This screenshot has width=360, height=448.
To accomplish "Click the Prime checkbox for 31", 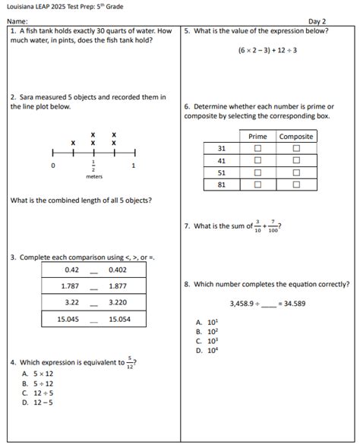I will [x=257, y=149].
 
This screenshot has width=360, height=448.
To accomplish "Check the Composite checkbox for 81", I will [x=296, y=184].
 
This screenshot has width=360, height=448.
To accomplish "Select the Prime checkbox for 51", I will [x=257, y=172].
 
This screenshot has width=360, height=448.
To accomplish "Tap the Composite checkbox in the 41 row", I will [x=296, y=160].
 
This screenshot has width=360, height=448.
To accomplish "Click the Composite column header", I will [x=296, y=137].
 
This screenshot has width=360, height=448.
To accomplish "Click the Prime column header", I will [x=257, y=137].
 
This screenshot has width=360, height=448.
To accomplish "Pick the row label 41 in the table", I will [x=221, y=160].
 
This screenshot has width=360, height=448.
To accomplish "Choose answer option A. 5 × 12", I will [x=38, y=374].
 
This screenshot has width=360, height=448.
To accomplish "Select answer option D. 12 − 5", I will [x=38, y=402].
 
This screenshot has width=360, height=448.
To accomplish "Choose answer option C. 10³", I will [x=207, y=341].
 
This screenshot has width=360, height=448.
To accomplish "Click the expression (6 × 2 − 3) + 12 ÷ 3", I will [x=266, y=50].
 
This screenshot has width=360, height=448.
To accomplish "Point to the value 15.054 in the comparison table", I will [x=118, y=320].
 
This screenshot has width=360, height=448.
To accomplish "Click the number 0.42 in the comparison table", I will [x=72, y=269].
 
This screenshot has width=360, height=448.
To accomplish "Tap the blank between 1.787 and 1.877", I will [x=94, y=286].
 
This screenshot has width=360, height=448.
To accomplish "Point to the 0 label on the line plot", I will [x=52, y=165].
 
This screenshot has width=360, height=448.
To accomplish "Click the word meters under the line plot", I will [x=93, y=176].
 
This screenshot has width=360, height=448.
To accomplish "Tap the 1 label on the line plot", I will [x=134, y=165].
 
